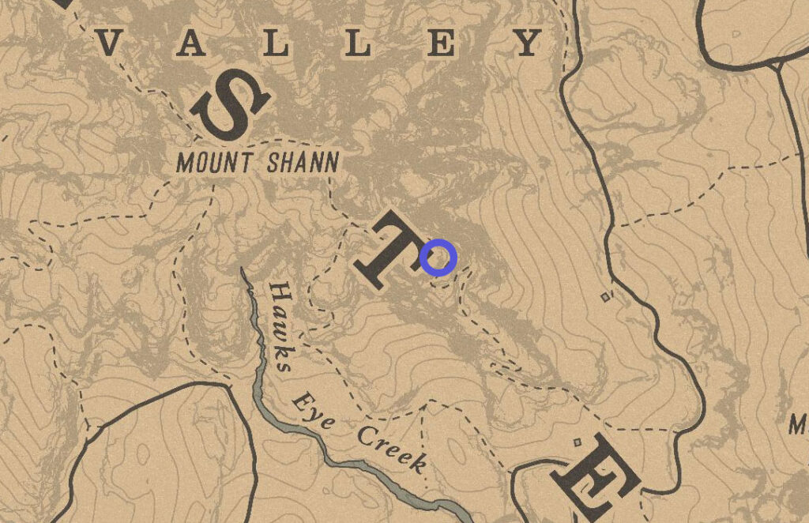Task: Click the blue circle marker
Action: click(x=438, y=258)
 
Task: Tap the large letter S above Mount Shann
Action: click(x=230, y=103)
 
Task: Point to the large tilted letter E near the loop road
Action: click(x=595, y=478)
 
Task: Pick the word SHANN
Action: click(x=303, y=164)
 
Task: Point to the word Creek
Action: click(x=392, y=448)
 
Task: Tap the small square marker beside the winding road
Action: click(x=606, y=297)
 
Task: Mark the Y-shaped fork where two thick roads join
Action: click(x=780, y=66)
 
